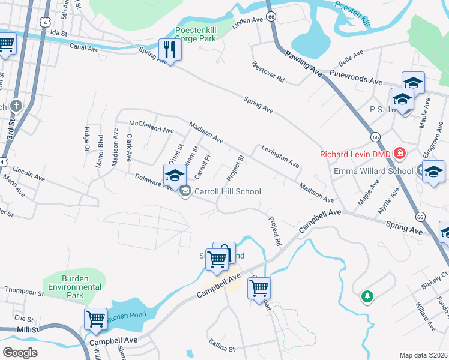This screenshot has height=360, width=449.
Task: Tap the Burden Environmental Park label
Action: coord(75,283)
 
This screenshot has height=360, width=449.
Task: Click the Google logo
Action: coord(20,352)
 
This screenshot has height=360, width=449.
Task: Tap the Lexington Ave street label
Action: coord(279,155)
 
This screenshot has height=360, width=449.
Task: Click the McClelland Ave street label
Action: coord(152,127)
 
